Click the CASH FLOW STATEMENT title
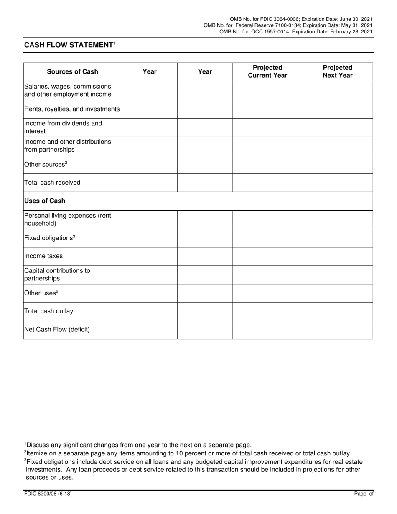coord(69,45)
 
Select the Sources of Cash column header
coord(72,71)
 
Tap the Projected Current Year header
coord(267,71)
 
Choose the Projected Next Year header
coord(337,71)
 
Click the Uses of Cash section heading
coord(45,201)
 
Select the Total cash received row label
coord(52,183)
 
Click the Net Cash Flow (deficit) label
coord(57,329)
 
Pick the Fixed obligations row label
coord(49,238)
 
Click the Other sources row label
coord(46,164)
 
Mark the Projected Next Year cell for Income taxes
coord(337,256)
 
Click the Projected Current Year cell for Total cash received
coord(267,183)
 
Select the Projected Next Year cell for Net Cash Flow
coord(337,330)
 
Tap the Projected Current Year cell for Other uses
coord(267,293)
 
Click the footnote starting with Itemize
coord(188,453)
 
